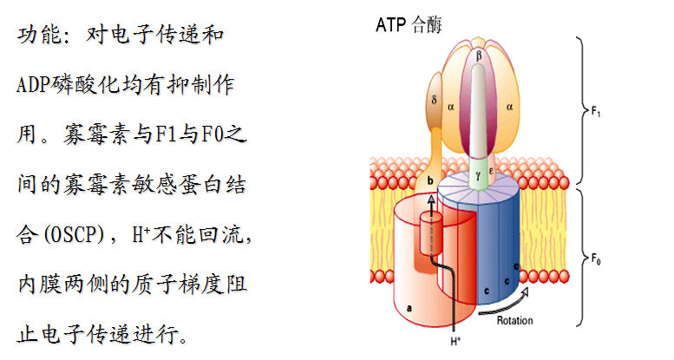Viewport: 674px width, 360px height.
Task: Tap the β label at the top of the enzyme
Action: pos(480,55)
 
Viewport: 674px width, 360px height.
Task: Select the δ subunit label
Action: pos(433,98)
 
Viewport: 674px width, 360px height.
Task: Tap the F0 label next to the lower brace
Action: pos(597,258)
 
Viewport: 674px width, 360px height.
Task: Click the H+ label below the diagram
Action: pos(455,343)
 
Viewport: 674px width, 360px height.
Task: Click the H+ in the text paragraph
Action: pos(141,233)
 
